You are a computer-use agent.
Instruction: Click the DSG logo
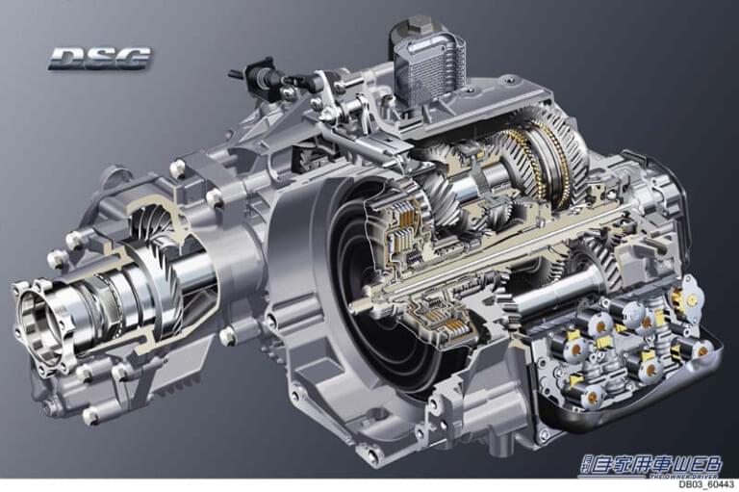point(100,59)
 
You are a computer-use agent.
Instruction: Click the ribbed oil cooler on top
point(427,68)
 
